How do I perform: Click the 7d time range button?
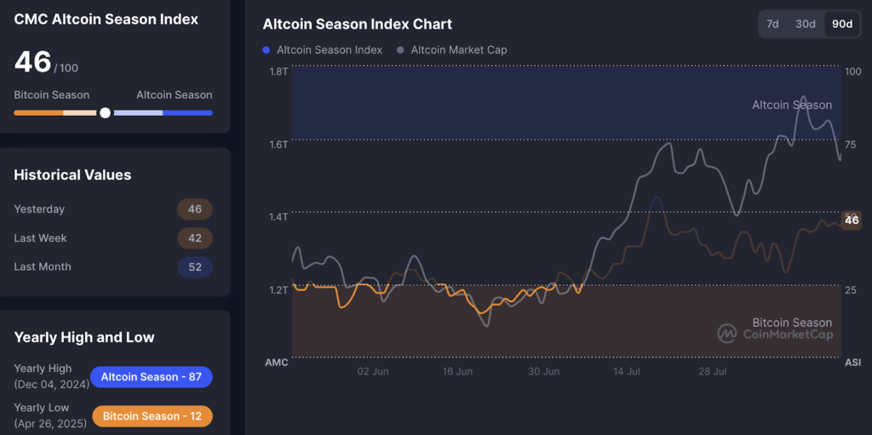[x=772, y=24]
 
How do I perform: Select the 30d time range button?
[x=805, y=24]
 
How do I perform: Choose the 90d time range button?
[x=841, y=24]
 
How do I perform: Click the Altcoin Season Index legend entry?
[x=323, y=50]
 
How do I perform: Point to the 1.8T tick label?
[x=278, y=72]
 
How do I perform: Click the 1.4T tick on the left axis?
[x=278, y=217]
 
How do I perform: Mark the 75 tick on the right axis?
[x=851, y=144]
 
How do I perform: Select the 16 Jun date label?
[x=457, y=372]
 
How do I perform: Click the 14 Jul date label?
[x=627, y=372]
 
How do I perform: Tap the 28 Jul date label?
[x=712, y=372]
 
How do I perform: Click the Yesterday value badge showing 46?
[x=195, y=209]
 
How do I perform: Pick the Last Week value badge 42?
[x=195, y=238]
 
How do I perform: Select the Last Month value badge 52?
[x=195, y=267]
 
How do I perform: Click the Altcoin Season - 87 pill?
[x=151, y=377]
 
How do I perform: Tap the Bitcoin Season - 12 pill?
[x=151, y=416]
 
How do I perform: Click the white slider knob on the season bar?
[x=105, y=112]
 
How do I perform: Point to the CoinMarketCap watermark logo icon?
[x=726, y=334]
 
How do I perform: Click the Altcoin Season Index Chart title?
[x=358, y=25]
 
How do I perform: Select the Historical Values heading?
[x=72, y=175]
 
